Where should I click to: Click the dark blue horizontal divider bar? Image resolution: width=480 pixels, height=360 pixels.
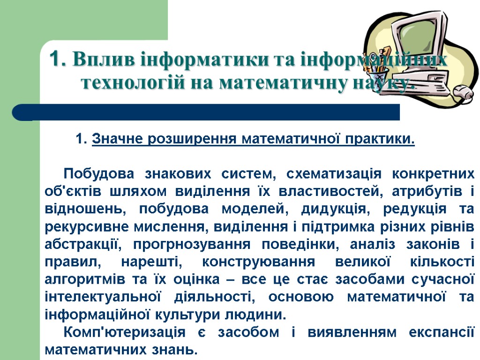[x=206, y=112]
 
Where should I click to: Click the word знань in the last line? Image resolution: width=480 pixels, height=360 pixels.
[x=174, y=349]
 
